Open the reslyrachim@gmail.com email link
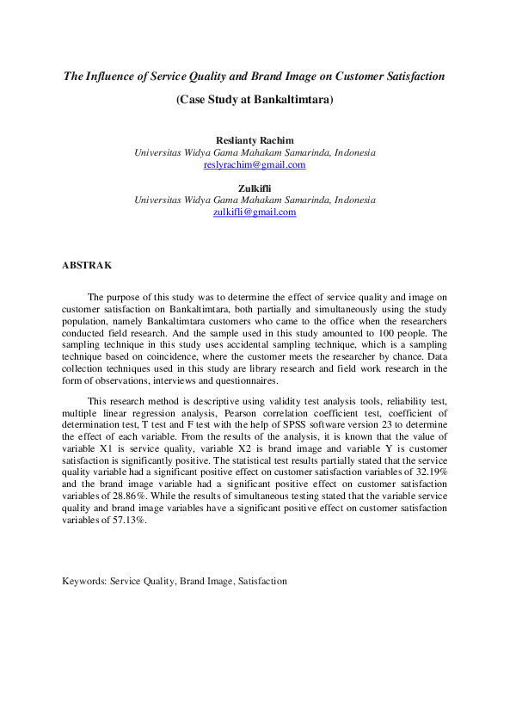pos(255,164)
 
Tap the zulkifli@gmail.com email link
pos(255,212)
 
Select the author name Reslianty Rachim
pos(255,140)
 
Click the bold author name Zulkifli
pos(255,188)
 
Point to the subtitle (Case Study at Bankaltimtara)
pos(255,99)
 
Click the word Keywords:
pos(83,581)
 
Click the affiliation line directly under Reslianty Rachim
pos(255,152)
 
